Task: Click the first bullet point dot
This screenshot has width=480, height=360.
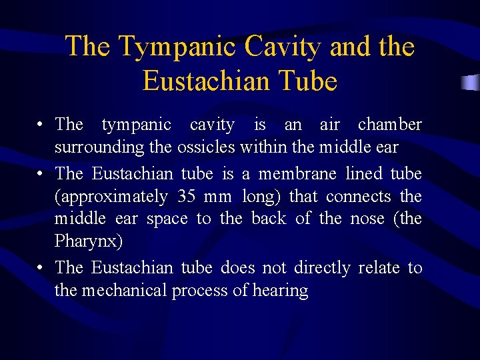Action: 41,125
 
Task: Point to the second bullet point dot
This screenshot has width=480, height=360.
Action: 41,175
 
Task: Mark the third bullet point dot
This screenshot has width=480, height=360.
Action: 41,269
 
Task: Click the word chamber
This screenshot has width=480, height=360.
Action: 390,125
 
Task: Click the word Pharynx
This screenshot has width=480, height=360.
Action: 88,241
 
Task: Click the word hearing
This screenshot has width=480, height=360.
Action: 281,291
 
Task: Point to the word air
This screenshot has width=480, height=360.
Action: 329,125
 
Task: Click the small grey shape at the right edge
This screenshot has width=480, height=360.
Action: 471,83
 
